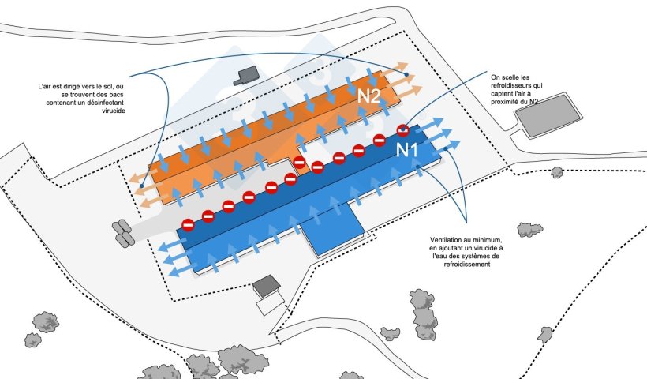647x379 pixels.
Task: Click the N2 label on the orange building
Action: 368,96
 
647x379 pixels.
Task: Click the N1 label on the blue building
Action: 407,150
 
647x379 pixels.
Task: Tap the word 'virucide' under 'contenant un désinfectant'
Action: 114,111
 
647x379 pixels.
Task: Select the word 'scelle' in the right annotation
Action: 510,77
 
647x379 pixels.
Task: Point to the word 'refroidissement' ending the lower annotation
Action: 467,265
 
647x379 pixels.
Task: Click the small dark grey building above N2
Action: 247,76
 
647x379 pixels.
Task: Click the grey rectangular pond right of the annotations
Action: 548,115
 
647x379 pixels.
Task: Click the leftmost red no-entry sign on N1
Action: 188,225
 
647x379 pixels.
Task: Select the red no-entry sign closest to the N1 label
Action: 402,130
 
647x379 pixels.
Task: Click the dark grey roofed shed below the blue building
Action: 267,285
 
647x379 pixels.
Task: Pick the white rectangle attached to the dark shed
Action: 271,303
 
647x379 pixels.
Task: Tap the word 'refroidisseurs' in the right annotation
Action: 517,85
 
